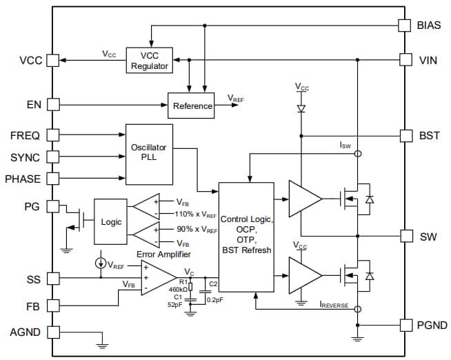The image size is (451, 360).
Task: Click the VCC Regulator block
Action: tap(149, 61)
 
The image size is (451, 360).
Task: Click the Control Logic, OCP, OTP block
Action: tap(246, 235)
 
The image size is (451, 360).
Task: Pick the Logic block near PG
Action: tap(111, 222)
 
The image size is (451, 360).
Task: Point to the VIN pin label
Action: tap(428, 60)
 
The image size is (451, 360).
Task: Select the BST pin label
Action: tap(429, 135)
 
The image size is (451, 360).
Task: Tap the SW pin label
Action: tap(428, 236)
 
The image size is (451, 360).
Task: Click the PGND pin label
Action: tap(433, 324)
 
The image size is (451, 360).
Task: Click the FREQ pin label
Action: tap(25, 135)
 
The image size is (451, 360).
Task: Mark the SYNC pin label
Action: tap(25, 157)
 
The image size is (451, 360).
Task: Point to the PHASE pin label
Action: tap(22, 179)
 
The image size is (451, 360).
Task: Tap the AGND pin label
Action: tap(24, 332)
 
